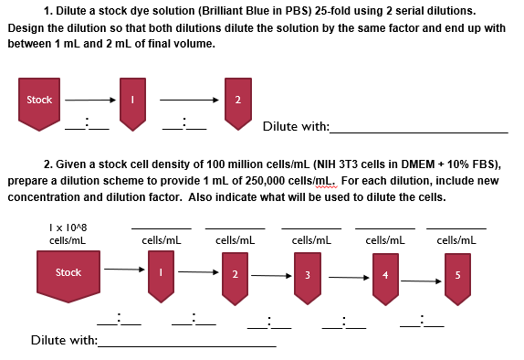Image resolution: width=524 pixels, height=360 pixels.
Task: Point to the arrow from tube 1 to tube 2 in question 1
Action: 188,101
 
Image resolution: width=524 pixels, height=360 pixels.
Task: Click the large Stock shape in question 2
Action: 68,273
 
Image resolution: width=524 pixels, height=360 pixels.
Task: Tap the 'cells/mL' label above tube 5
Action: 456,239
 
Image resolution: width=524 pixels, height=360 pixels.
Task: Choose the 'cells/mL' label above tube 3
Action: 310,239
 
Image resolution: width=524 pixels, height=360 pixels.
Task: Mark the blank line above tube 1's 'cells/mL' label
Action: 162,228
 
